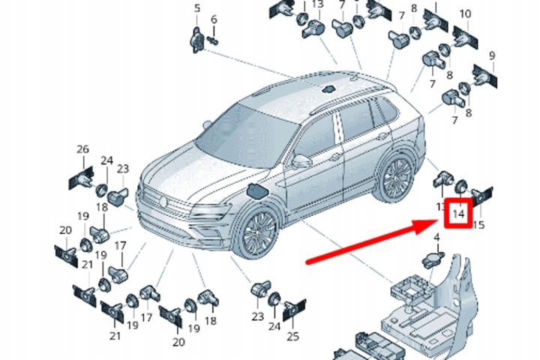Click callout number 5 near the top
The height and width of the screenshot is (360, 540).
(197, 8)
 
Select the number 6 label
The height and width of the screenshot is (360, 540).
(214, 19)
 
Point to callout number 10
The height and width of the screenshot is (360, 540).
(465, 14)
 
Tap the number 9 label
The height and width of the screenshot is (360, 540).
(492, 55)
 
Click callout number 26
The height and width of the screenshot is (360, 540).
(82, 149)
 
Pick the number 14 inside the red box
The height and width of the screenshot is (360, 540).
(458, 214)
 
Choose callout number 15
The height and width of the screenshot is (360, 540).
(478, 225)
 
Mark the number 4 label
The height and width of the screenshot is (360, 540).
(436, 237)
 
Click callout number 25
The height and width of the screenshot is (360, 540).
(292, 336)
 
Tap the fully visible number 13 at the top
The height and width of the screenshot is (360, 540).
(318, 4)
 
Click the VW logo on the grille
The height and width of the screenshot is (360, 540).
(163, 202)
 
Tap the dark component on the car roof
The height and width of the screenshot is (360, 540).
(328, 89)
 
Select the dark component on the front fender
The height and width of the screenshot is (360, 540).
(257, 191)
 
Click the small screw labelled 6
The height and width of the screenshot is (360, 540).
(214, 41)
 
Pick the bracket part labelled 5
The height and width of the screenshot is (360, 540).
(196, 40)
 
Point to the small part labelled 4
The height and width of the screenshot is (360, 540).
(433, 259)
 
